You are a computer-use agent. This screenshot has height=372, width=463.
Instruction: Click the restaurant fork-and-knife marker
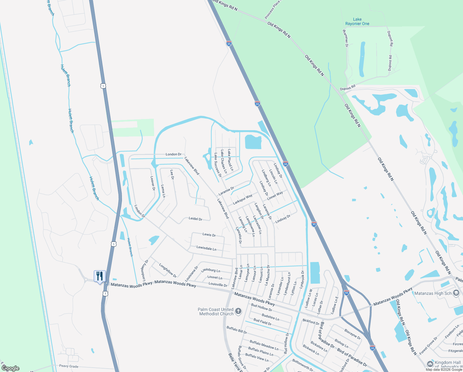[100, 276]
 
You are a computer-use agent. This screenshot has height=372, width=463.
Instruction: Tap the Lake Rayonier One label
[357, 21]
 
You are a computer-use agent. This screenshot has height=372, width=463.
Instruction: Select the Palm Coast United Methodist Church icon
[238, 311]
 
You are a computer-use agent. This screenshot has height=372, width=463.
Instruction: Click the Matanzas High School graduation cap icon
[456, 293]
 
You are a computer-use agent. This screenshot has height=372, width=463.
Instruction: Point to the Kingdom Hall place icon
[430, 364]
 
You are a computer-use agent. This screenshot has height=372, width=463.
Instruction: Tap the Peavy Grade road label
[69, 366]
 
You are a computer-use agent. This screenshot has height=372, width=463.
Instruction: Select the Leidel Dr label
[195, 219]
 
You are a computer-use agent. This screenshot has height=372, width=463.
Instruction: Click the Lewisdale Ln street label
[206, 248]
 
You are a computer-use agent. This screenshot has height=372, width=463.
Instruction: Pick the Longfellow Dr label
[168, 270]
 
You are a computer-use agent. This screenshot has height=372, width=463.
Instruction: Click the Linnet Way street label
[275, 196]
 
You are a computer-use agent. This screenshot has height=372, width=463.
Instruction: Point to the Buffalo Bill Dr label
[237, 330]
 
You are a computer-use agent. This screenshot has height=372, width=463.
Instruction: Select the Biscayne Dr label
[352, 334]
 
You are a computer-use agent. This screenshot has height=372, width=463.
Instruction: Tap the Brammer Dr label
[345, 38]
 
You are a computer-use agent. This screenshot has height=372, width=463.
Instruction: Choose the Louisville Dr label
[218, 284]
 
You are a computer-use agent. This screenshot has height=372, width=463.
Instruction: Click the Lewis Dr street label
[209, 235]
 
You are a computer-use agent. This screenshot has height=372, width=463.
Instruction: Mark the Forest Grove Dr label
[429, 346]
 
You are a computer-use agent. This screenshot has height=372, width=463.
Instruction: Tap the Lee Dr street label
[172, 174]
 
